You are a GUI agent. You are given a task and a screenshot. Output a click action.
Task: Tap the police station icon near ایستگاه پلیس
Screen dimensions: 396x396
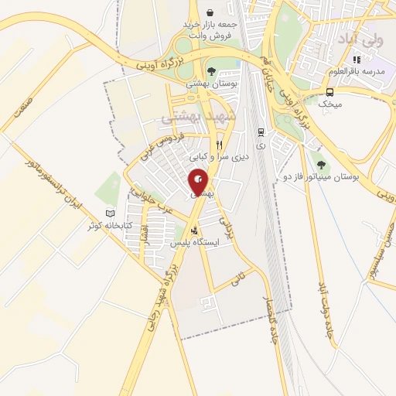(x=193, y=230)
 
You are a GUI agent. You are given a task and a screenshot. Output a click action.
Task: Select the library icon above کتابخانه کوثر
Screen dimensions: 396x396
(x=110, y=213)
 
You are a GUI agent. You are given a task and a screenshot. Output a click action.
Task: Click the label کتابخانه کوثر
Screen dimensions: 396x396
(x=108, y=226)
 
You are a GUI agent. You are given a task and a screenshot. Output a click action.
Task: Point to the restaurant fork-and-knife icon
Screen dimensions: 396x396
(x=220, y=145)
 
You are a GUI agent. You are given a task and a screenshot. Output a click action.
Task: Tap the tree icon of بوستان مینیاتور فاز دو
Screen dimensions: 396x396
(x=319, y=165)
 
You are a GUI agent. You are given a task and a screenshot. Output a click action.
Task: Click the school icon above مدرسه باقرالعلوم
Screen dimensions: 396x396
(x=356, y=60)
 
